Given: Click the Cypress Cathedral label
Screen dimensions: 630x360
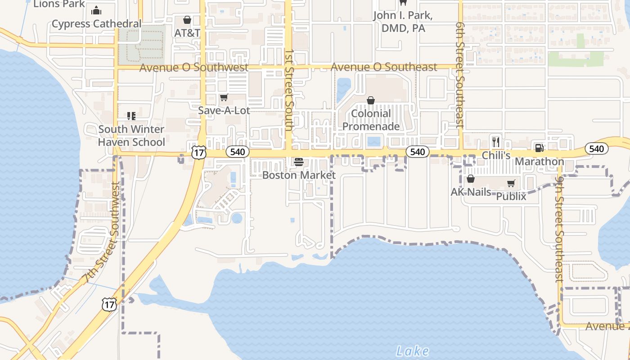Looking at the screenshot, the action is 96,24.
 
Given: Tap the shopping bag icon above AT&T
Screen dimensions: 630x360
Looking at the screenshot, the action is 187,20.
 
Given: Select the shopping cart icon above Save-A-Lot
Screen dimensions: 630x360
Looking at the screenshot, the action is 224,98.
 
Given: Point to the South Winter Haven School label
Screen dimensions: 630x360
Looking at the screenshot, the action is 131,136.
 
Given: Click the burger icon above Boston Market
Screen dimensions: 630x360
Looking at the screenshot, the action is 299,162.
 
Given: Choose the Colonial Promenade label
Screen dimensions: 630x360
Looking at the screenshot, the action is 371,120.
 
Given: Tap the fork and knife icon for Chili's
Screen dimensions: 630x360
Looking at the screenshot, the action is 496,142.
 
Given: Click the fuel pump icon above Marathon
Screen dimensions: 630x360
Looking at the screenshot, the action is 539,148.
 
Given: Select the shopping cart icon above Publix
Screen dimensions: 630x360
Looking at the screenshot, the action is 511,184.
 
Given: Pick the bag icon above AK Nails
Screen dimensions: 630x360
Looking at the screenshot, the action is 471,179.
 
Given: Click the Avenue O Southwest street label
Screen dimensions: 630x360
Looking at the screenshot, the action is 193,68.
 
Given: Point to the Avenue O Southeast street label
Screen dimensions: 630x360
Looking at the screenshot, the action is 384,67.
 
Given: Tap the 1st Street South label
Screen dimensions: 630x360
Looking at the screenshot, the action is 289,90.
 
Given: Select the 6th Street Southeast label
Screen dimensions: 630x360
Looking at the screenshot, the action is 459,75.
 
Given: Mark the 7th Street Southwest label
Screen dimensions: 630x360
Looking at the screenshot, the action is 102,233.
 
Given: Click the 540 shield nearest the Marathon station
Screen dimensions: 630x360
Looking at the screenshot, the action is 597,149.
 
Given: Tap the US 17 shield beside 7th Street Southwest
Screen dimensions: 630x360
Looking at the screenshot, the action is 109,305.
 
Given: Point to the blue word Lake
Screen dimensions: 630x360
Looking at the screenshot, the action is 413,351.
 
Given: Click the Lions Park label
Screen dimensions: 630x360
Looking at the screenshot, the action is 59,4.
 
